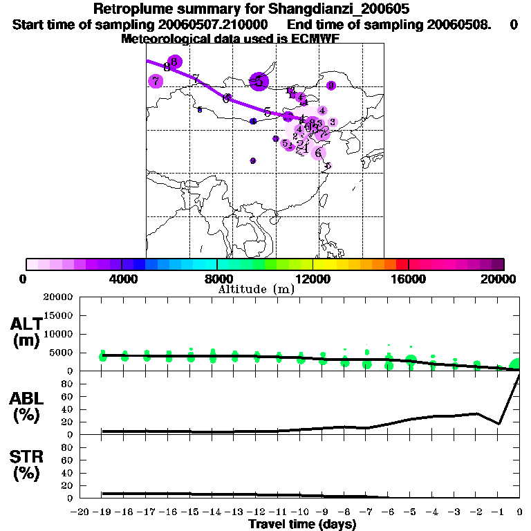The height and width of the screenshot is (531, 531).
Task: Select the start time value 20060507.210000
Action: [211, 25]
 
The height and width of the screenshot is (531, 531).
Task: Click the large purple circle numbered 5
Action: [259, 82]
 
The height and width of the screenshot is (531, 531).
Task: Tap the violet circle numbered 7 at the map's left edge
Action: [156, 81]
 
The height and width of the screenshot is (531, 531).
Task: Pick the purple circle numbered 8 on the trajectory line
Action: [174, 62]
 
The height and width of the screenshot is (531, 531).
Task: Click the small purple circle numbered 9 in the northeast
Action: [331, 85]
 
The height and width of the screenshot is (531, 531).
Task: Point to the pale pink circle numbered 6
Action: [318, 152]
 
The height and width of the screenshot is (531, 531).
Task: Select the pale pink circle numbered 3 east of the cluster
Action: [333, 122]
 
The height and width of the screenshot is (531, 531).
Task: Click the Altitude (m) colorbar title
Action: [257, 289]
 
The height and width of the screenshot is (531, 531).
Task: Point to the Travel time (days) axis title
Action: [302, 525]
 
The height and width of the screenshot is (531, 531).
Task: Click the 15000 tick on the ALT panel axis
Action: [60, 315]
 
